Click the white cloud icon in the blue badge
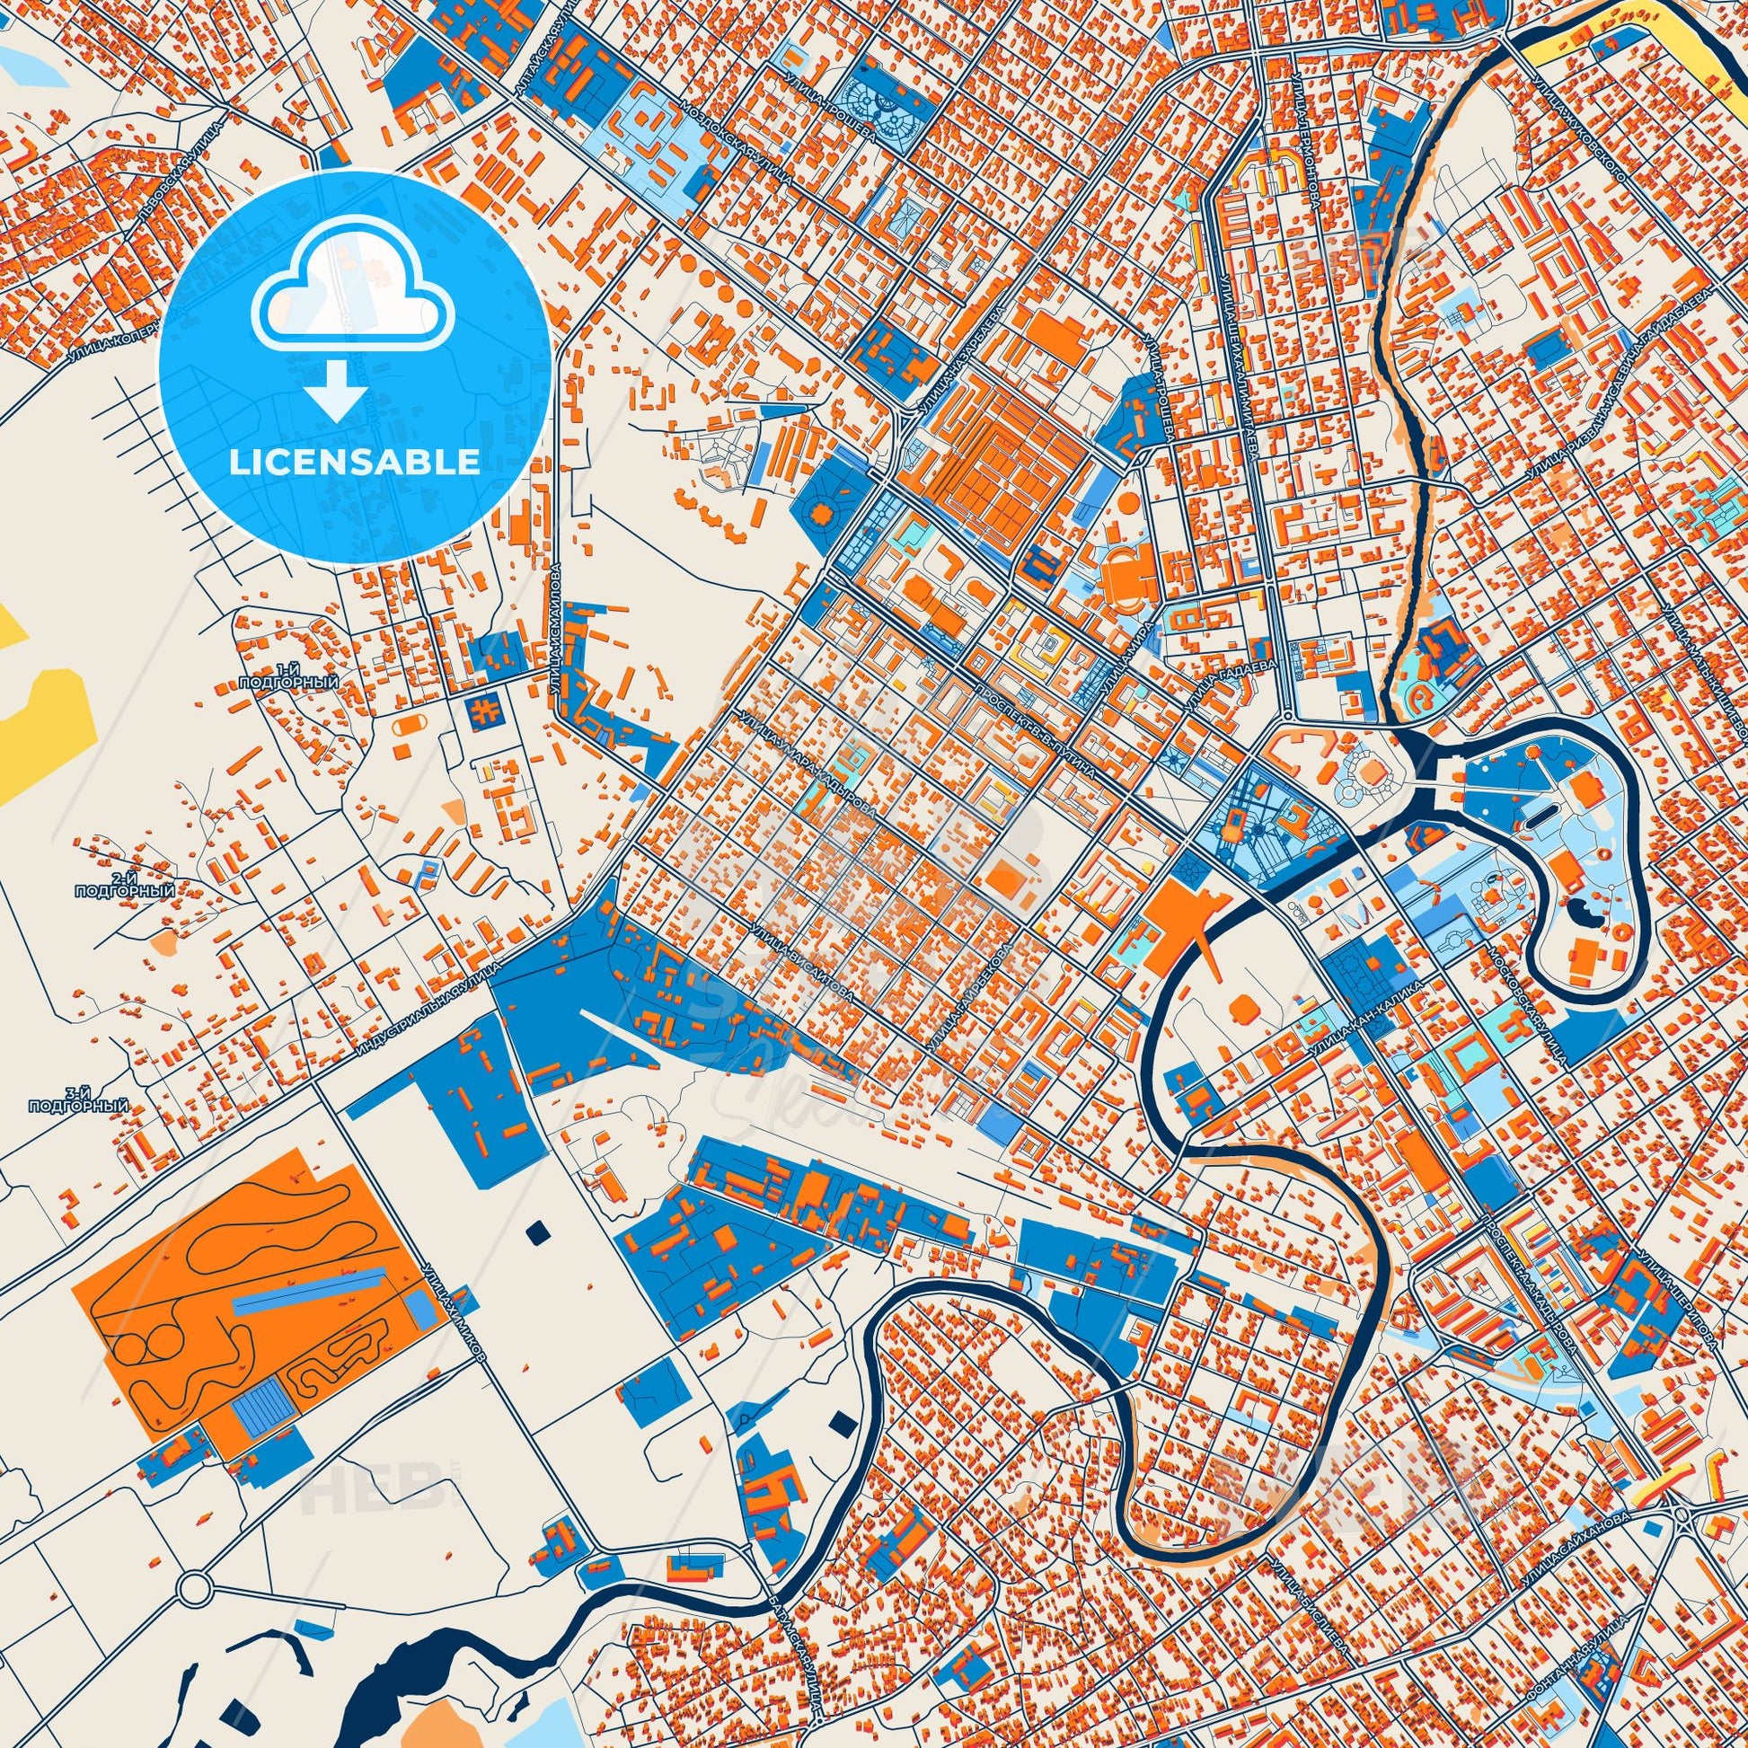click(355, 308)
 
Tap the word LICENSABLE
click(355, 463)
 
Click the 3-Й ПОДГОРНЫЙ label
click(79, 1106)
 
